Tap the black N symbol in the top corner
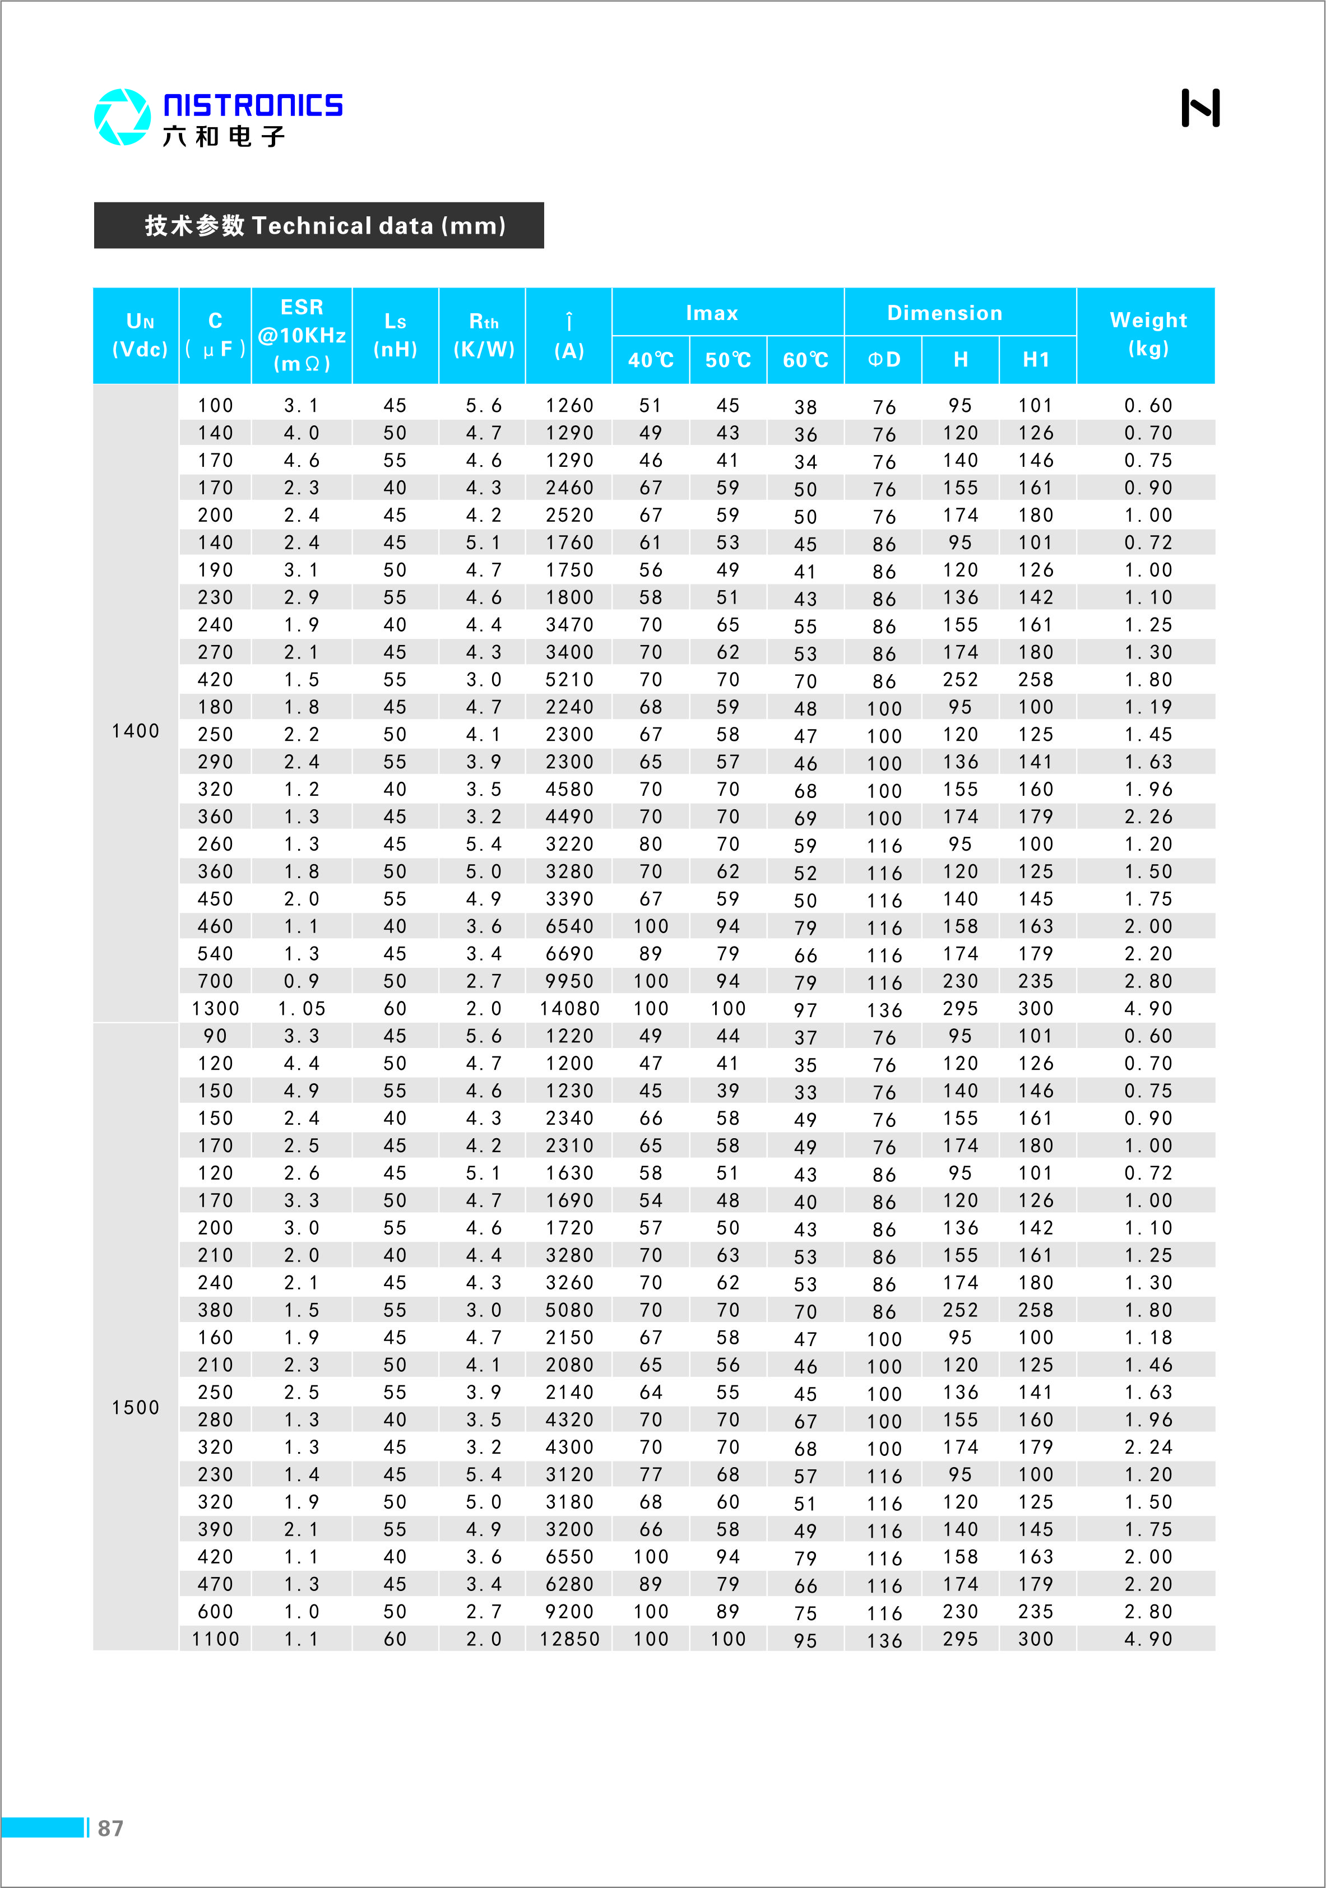tap(1200, 108)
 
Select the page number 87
tap(110, 1828)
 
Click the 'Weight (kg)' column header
tap(1148, 334)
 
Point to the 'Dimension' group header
tap(944, 313)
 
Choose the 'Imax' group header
tap(712, 313)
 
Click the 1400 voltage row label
tap(136, 731)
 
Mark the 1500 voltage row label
tap(136, 1408)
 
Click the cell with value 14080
tap(569, 1009)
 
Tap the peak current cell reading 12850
tap(569, 1639)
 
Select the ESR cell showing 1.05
tap(302, 1009)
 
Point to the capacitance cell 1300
tap(216, 1009)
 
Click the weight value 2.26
tap(1148, 817)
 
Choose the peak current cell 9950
tap(569, 981)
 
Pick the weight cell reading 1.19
tap(1148, 707)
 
